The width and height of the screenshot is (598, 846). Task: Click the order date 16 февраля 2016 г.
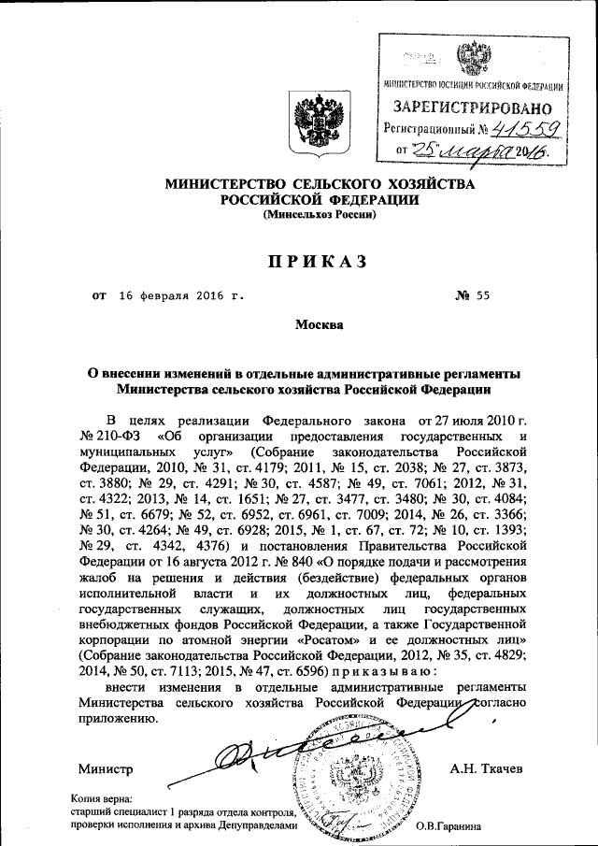(x=181, y=296)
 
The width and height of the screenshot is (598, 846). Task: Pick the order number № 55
(x=473, y=296)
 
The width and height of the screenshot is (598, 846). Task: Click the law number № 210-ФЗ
(x=112, y=436)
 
